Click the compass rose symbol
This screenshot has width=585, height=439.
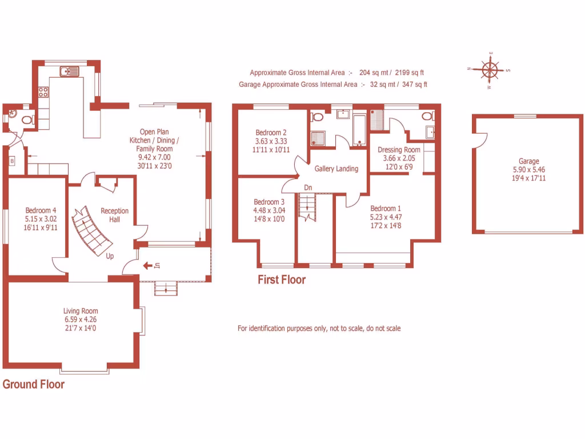click(490, 70)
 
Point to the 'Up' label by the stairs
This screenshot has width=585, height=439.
click(109, 256)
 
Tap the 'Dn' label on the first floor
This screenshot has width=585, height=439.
click(308, 187)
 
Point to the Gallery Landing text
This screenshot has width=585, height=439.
click(336, 169)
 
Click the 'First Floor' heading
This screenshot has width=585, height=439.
click(281, 280)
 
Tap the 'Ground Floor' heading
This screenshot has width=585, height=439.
click(34, 384)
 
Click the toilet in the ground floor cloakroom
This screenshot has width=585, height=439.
click(25, 120)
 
